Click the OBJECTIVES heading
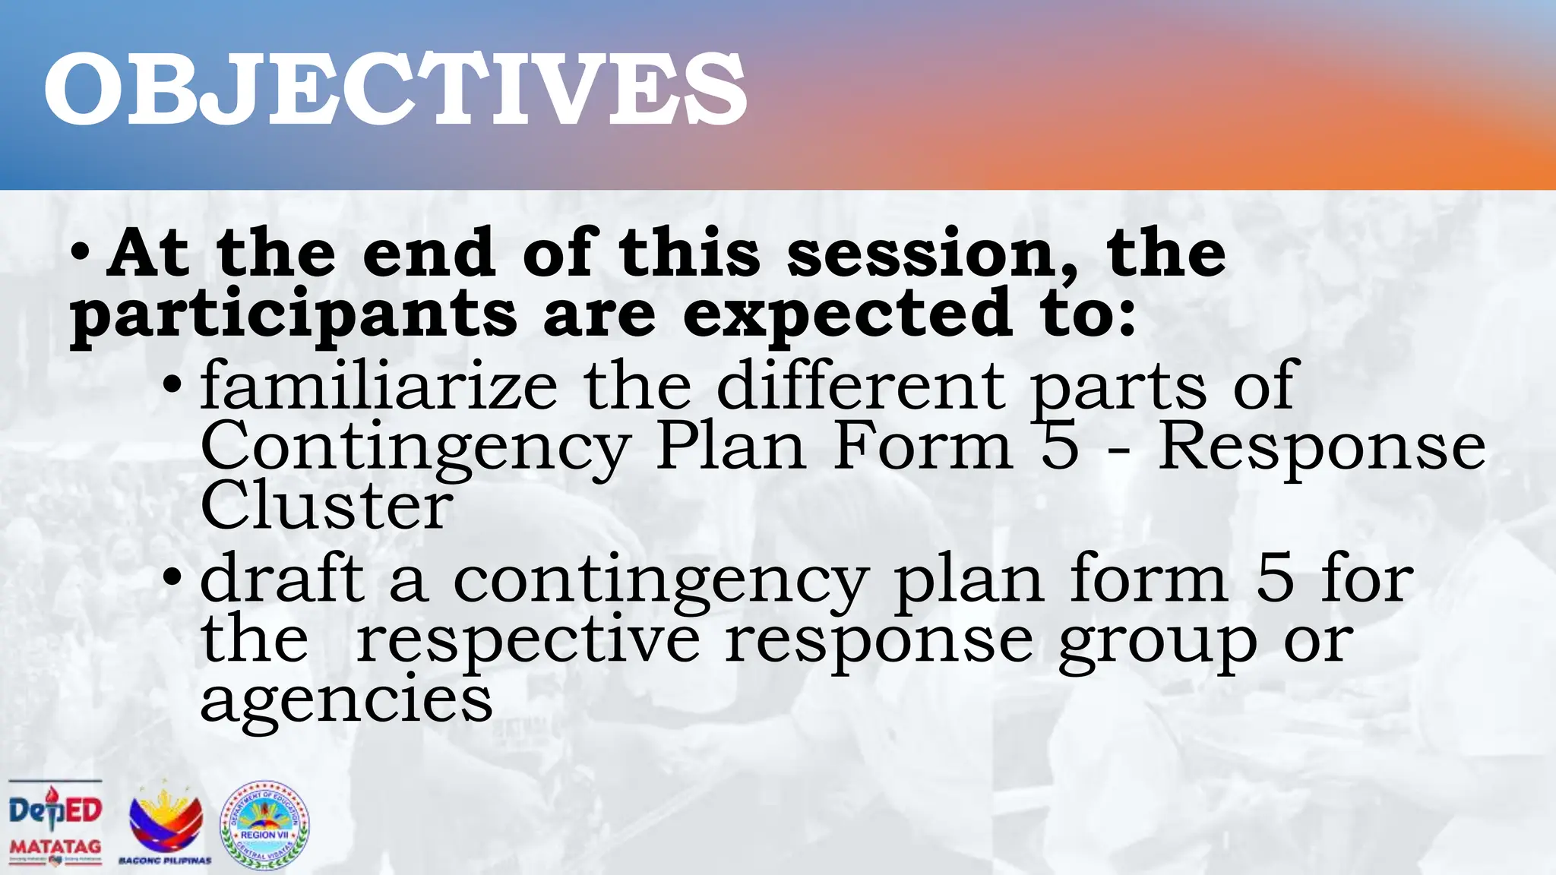395,90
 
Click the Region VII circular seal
264,826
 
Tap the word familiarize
378,385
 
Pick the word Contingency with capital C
415,448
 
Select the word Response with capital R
1321,448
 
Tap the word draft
282,579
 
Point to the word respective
527,640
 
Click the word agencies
346,700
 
